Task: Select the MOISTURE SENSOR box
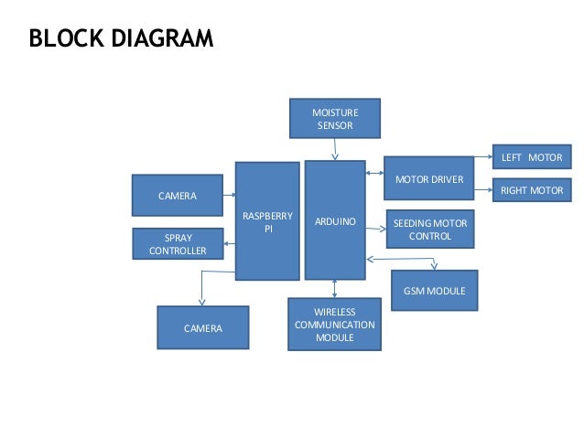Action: pos(334,119)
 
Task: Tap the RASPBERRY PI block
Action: pos(267,221)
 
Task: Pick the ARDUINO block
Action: pos(335,220)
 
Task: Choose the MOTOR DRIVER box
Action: pos(428,179)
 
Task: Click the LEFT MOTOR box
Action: pos(531,157)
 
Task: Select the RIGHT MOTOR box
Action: pos(531,190)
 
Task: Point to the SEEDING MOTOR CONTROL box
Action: pos(430,230)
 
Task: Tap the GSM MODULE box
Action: pos(434,291)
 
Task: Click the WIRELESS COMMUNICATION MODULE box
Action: pos(334,325)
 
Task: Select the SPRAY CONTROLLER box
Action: pos(178,244)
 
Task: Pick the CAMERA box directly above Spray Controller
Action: pos(177,196)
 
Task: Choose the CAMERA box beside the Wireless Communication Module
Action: pos(202,327)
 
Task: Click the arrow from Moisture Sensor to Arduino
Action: pos(334,150)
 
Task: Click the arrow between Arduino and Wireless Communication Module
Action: pos(334,288)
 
